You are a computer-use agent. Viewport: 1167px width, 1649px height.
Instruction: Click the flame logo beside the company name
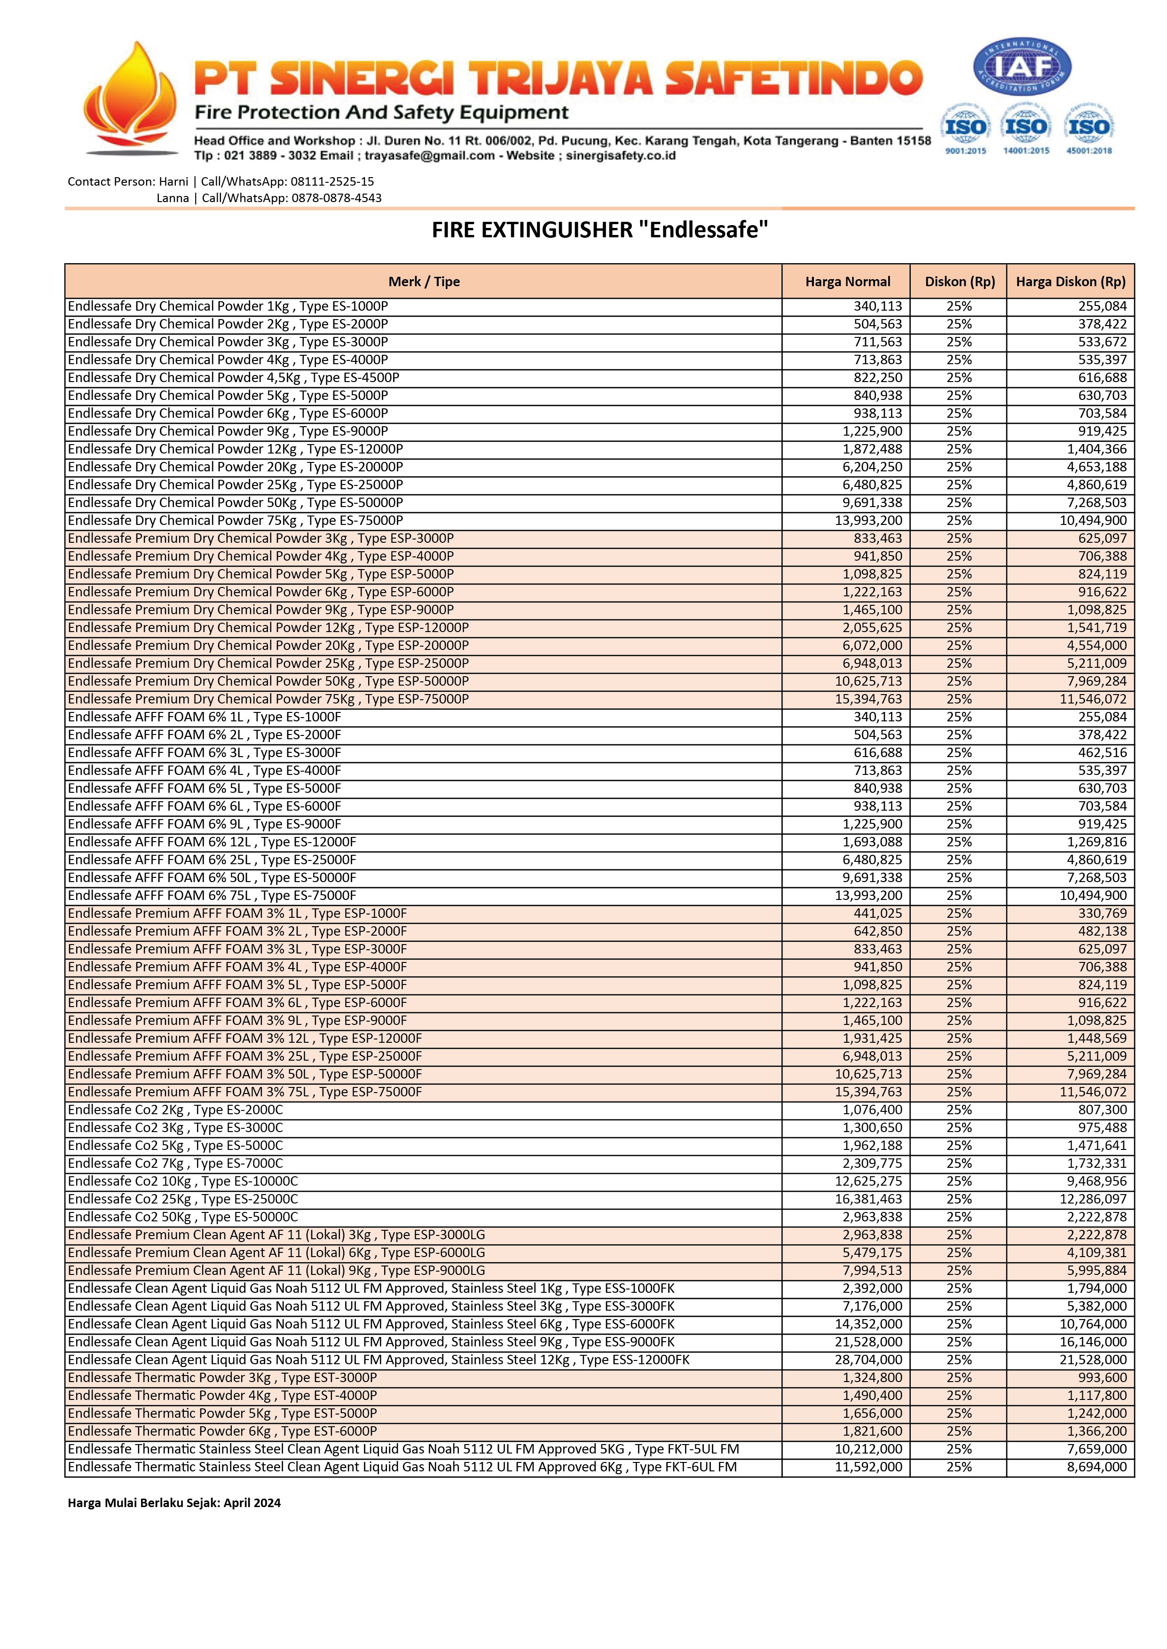(x=130, y=97)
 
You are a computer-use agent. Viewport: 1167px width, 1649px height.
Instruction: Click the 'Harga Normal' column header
(x=847, y=281)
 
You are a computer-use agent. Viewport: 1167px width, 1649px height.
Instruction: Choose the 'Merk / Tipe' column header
(x=424, y=281)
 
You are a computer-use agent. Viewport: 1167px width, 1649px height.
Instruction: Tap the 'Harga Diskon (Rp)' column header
(x=1071, y=281)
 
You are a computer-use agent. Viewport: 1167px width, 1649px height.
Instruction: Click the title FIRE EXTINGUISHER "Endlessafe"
(x=599, y=230)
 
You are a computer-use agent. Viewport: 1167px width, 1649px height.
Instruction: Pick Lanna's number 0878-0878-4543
(x=336, y=198)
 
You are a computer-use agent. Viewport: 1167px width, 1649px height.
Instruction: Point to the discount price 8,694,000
(x=1096, y=1467)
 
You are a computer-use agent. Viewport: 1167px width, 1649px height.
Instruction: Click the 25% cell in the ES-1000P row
(x=959, y=306)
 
